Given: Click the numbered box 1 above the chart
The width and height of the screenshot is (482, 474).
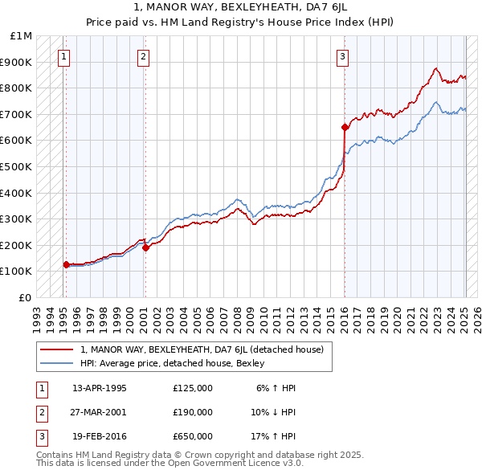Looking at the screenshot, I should coord(63,56).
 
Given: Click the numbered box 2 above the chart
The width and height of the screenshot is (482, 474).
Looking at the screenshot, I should coord(142,56).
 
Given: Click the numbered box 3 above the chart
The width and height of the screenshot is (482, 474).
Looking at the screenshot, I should coord(342,56).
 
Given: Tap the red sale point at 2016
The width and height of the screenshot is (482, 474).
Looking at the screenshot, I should coord(345,127).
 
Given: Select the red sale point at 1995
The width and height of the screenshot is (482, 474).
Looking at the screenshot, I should coord(66,264).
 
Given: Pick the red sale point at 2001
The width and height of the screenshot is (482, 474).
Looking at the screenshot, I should coord(145,247).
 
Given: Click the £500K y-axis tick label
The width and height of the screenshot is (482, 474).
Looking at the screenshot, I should coord(17,166).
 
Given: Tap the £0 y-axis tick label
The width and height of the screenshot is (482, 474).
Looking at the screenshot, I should coord(25,297).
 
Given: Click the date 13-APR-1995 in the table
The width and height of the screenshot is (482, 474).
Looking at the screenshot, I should coord(100,388).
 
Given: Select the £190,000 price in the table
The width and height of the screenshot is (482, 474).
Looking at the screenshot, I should coord(192,412).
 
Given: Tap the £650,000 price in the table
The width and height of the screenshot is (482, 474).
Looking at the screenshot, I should coord(192,436).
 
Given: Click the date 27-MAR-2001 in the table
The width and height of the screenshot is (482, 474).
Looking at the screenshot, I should coord(100,412).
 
